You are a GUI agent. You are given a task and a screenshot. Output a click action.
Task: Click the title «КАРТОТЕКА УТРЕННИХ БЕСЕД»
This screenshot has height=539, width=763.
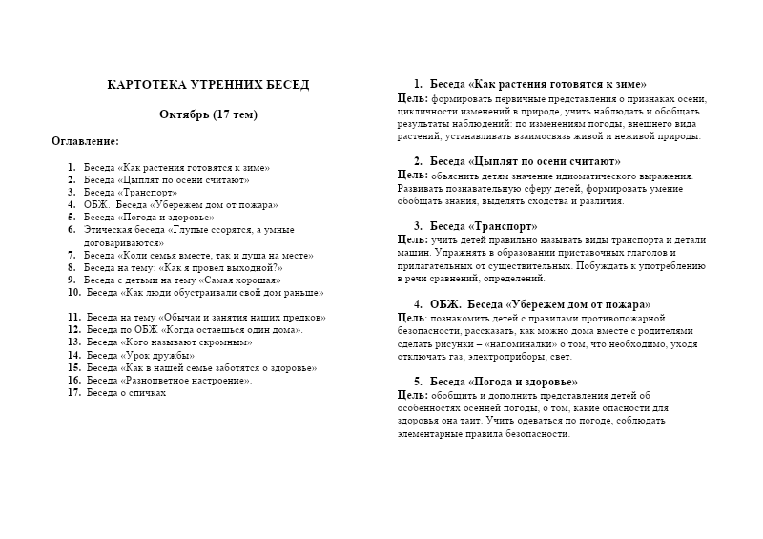pos(208,85)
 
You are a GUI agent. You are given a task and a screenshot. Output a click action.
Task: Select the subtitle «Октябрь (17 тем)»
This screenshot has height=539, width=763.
pos(208,114)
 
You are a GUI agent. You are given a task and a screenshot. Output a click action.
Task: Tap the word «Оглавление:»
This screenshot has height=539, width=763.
pos(85,141)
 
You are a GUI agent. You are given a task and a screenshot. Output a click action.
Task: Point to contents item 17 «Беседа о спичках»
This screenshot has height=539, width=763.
pos(126,392)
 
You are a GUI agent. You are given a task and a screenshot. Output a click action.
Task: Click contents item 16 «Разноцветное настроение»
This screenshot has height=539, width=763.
pos(169,380)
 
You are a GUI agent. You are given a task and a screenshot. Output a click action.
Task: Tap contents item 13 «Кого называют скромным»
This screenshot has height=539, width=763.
pos(169,342)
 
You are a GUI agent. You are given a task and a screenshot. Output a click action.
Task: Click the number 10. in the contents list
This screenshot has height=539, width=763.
pos(73,293)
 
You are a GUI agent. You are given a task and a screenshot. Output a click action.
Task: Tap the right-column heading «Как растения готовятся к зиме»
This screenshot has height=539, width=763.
pos(539,84)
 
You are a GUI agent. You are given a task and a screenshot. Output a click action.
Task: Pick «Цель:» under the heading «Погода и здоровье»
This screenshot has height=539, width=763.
pos(412,394)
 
